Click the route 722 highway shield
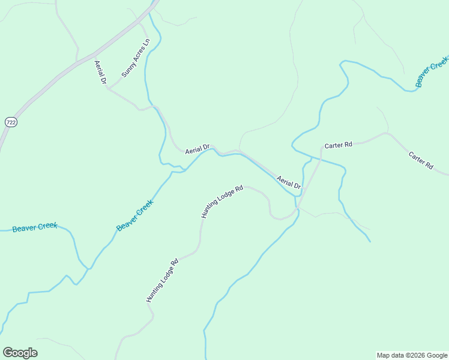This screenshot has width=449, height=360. coord(11,122)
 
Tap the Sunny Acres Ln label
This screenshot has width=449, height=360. coord(136,59)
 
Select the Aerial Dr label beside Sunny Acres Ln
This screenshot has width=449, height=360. coord(100,72)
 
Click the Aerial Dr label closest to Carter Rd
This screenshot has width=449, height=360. coord(288,182)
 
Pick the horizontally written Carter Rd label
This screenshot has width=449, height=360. coord(338,145)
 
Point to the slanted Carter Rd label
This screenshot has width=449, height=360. coord(421,160)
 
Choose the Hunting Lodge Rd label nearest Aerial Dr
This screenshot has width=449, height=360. coord(221,201)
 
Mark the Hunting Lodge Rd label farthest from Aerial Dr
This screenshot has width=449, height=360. coord(162,280)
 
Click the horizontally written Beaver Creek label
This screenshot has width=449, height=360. coord(35,227)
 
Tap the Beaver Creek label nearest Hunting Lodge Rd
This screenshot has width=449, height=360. coord(135,215)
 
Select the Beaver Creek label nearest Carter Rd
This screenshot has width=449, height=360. coord(432,71)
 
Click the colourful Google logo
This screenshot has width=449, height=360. coord(20,353)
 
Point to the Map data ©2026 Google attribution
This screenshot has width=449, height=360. coord(412,355)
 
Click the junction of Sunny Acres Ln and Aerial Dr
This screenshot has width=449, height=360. coord(108,88)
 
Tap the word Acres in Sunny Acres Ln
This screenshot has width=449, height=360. coord(137,56)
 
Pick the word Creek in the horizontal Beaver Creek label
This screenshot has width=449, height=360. coord(46,226)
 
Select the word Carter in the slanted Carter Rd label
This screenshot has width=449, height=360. coord(417,157)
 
